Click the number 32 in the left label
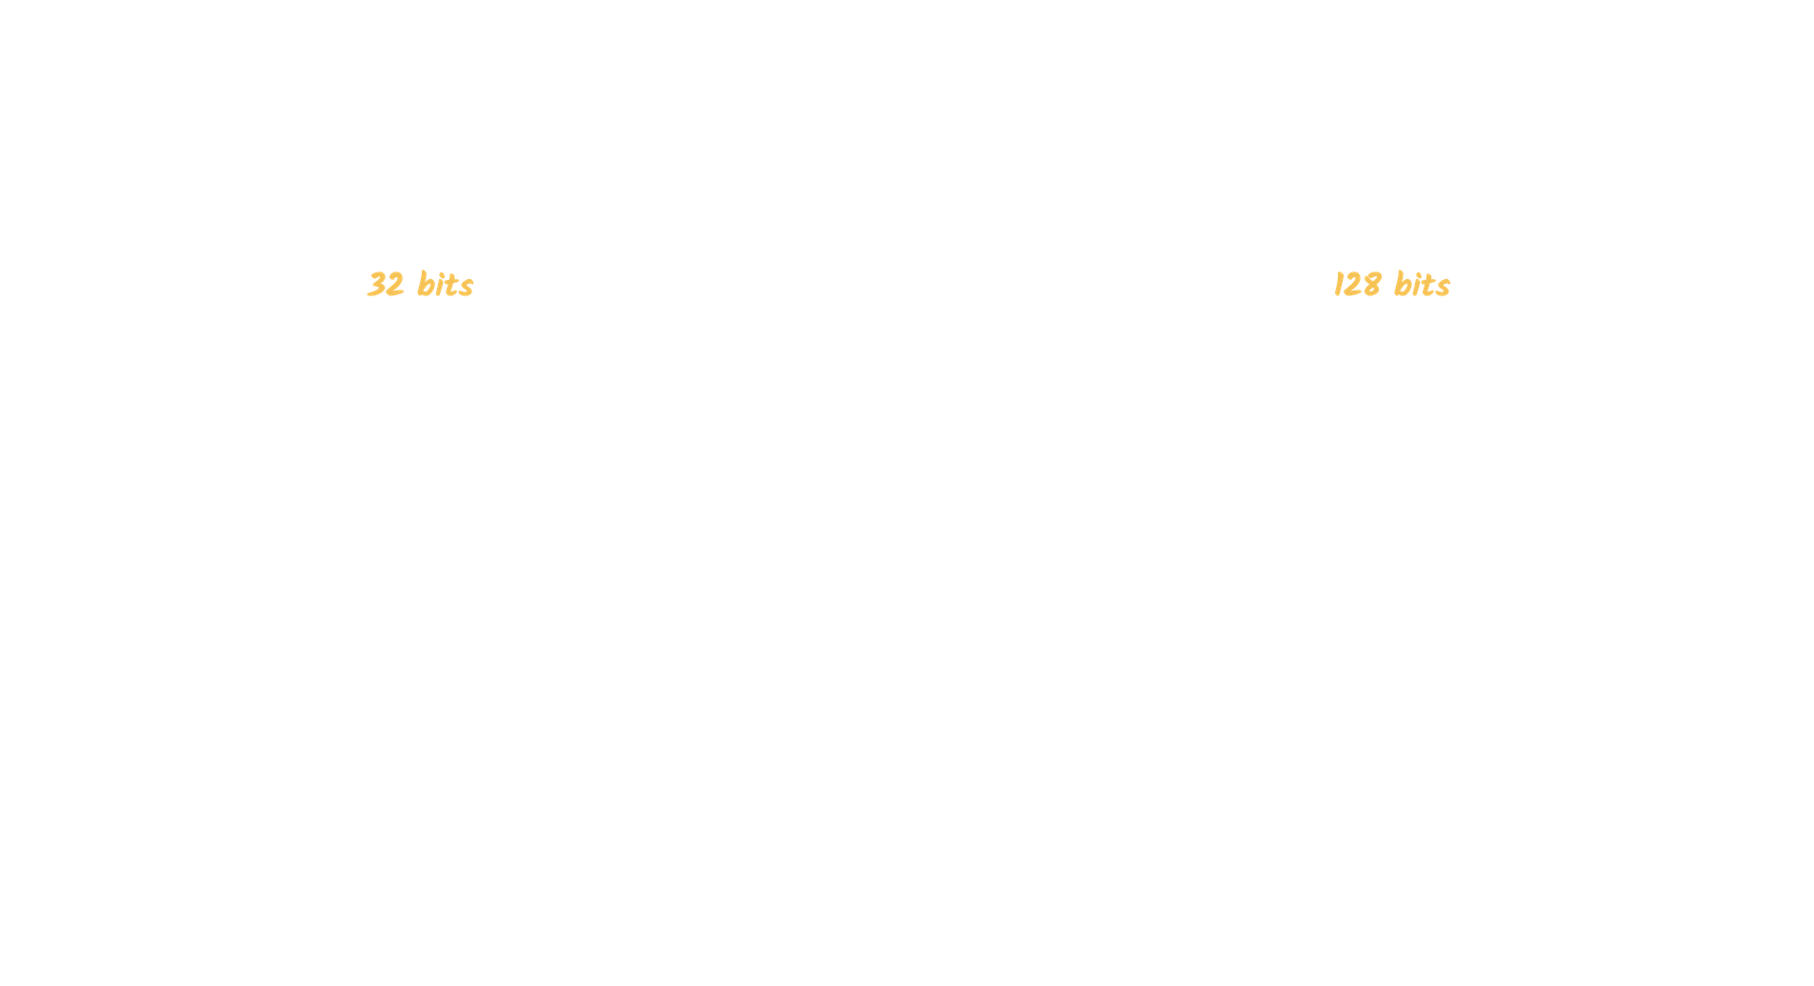[386, 285]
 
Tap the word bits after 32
[446, 284]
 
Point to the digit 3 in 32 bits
[376, 285]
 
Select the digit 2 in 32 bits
[395, 285]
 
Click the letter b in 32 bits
[426, 284]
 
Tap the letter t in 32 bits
[451, 285]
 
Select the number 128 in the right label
[1357, 285]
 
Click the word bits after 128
[1422, 284]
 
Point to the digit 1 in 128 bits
[1339, 285]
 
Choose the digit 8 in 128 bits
[1372, 285]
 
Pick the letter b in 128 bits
[1403, 284]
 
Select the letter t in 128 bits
[1428, 285]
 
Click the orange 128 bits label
[1391, 284]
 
